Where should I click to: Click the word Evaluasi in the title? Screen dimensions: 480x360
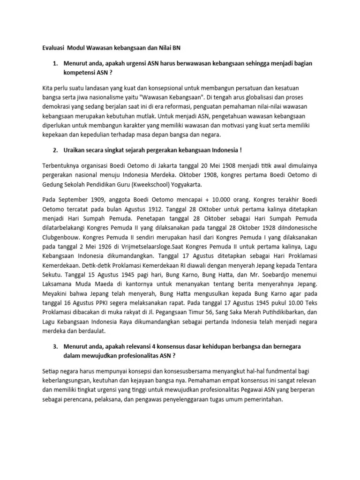(x=50, y=48)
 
